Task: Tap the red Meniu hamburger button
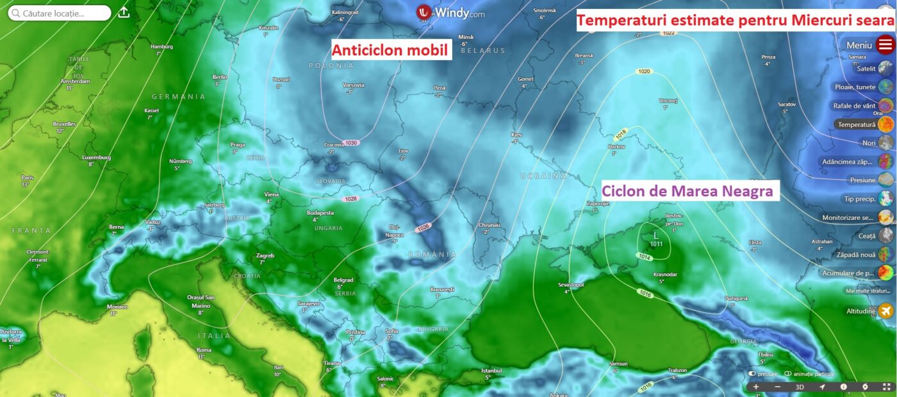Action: (x=885, y=45)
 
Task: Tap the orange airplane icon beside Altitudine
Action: (x=885, y=311)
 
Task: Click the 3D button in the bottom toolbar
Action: (x=800, y=387)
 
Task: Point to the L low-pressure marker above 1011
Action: (x=655, y=236)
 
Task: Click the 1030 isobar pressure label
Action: (x=351, y=142)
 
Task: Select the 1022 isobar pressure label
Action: (x=669, y=33)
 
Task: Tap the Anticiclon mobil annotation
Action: (x=391, y=50)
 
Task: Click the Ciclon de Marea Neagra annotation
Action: (x=689, y=191)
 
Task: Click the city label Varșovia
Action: (x=353, y=85)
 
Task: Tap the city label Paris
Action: (x=26, y=177)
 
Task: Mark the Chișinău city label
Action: (x=489, y=225)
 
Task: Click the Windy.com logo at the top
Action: (x=450, y=13)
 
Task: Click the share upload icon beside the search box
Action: (x=124, y=13)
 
